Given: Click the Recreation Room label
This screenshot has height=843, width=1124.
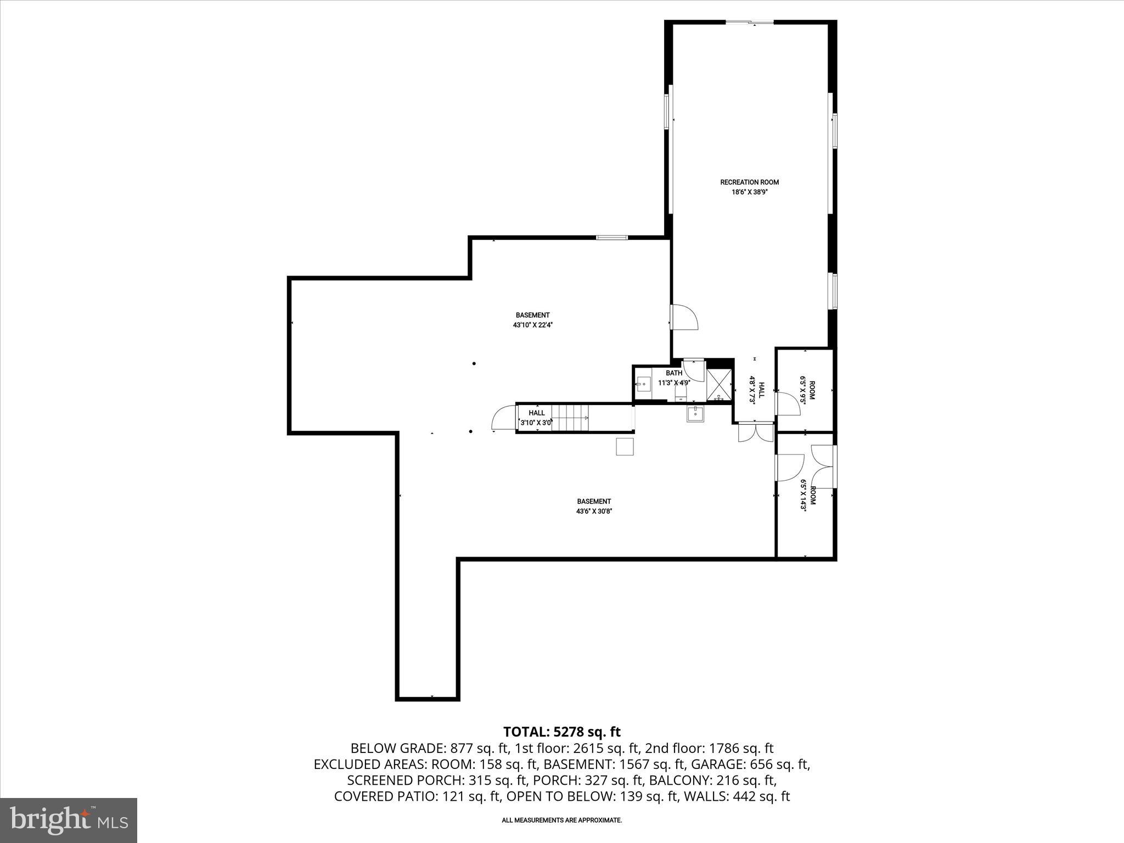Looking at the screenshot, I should click(x=749, y=182).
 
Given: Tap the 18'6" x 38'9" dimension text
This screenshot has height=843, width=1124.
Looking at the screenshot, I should click(x=749, y=193).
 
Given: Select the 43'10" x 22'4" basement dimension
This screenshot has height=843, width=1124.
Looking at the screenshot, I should click(x=532, y=325).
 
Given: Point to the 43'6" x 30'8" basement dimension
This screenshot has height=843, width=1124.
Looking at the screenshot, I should click(x=594, y=511).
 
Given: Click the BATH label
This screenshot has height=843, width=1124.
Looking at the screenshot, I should click(x=674, y=373).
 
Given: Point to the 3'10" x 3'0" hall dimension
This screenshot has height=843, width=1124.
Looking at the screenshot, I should click(x=536, y=423).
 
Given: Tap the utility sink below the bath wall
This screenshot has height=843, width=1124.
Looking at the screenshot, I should click(x=695, y=414).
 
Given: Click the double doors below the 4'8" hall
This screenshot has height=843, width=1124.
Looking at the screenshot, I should click(x=756, y=433).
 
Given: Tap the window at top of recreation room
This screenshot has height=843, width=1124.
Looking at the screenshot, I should click(x=750, y=23).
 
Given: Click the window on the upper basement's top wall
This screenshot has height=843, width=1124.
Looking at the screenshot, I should click(x=612, y=238).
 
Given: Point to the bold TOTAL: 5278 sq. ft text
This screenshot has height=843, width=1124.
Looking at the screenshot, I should click(x=561, y=732).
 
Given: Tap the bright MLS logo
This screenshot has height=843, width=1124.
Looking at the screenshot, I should click(x=69, y=820).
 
